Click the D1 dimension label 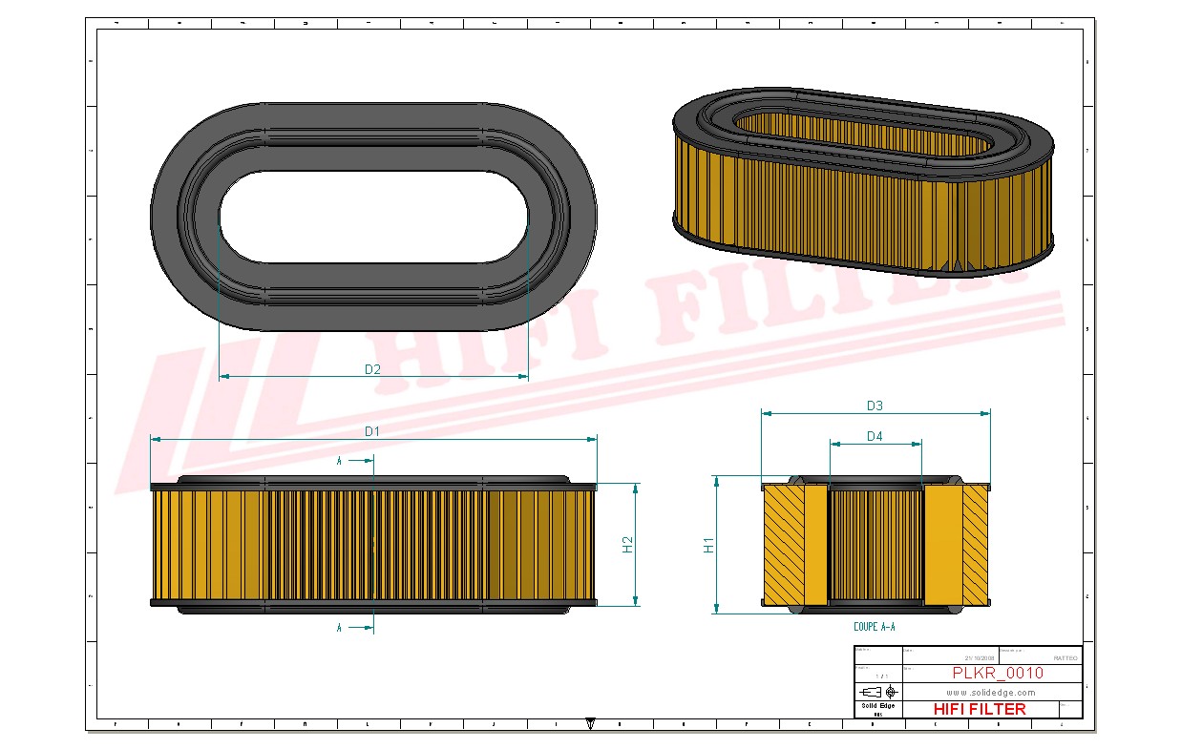[372, 431]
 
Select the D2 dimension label [372, 369]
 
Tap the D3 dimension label [875, 406]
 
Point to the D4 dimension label [875, 436]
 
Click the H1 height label [708, 545]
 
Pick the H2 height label [627, 544]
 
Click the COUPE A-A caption [874, 627]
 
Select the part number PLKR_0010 [998, 673]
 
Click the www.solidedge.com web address [991, 692]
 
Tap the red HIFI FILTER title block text [979, 709]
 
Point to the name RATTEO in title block [1065, 658]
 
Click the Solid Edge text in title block [877, 706]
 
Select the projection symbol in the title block [877, 691]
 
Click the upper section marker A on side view [340, 461]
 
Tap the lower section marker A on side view [340, 628]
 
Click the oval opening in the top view [373, 217]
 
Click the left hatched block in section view [783, 545]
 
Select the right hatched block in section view [975, 545]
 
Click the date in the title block [980, 658]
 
